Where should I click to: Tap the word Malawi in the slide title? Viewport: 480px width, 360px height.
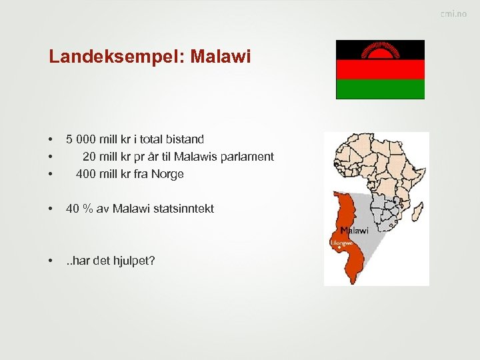point(221,57)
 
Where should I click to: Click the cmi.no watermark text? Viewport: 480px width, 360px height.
point(453,14)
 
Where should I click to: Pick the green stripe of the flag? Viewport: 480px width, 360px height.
point(380,89)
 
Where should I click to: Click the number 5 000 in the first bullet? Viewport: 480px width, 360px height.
point(81,139)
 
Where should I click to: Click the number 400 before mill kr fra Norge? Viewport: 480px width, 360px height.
point(85,174)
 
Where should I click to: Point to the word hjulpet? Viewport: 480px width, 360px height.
point(131,260)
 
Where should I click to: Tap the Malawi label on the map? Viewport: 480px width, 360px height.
point(354,231)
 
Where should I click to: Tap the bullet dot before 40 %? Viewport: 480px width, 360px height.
point(51,209)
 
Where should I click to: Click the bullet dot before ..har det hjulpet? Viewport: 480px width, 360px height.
point(51,261)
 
